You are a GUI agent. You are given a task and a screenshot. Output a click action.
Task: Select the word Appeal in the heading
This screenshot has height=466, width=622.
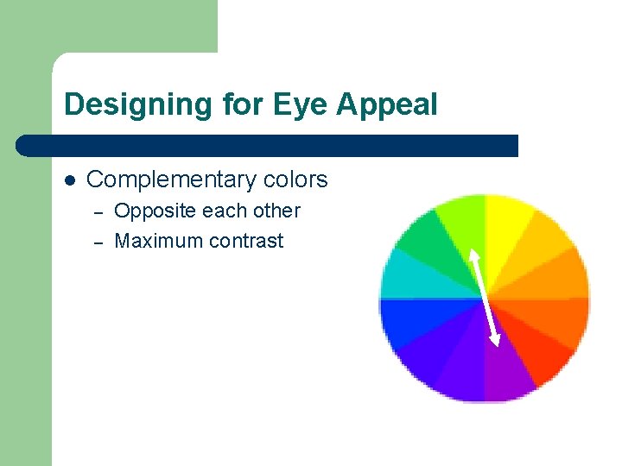pyautogui.click(x=388, y=105)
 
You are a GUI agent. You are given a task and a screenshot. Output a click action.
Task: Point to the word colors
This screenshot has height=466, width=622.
pyautogui.click(x=295, y=179)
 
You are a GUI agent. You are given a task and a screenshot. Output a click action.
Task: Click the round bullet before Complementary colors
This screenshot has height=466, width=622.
pyautogui.click(x=70, y=180)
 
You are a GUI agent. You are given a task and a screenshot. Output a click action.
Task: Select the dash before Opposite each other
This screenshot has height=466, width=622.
pyautogui.click(x=98, y=212)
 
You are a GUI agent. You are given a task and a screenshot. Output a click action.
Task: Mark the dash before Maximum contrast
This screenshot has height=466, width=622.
pyautogui.click(x=98, y=242)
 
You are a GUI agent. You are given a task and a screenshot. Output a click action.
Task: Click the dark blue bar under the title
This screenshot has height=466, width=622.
pyautogui.click(x=268, y=145)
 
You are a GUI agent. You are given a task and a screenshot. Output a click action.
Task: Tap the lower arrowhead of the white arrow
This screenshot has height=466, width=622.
pyautogui.click(x=495, y=343)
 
